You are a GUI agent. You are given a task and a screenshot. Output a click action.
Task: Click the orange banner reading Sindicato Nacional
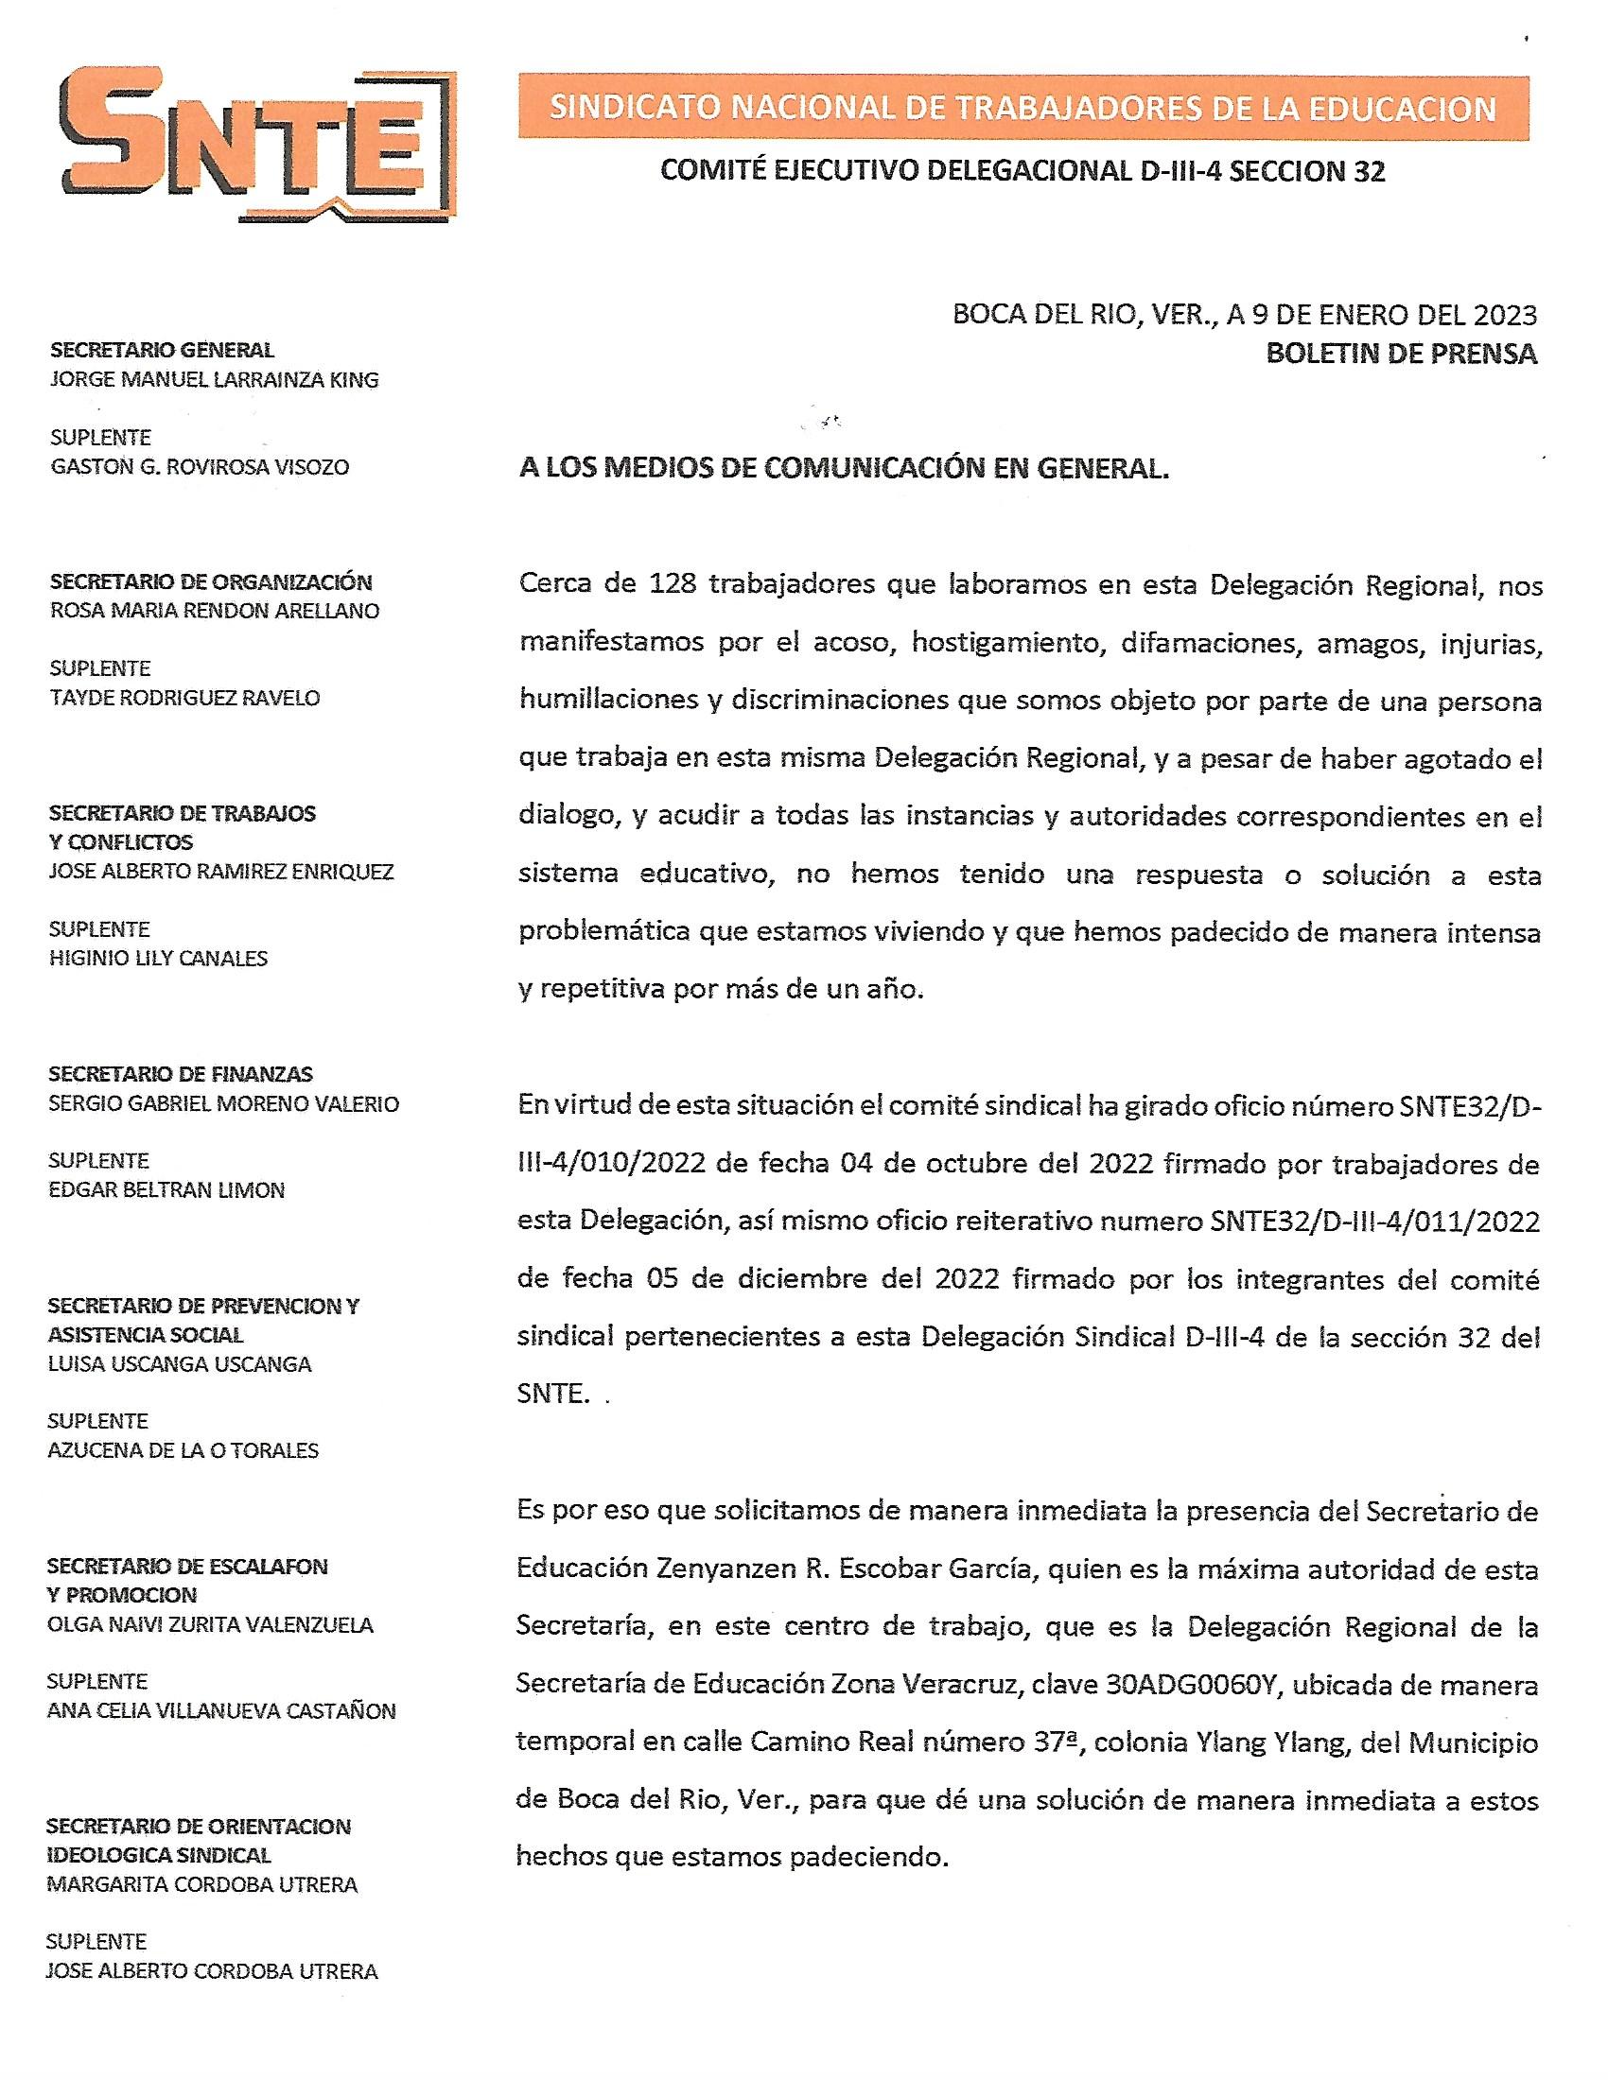pos(1023,109)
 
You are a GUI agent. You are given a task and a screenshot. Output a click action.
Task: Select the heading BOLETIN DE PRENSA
pos(1400,354)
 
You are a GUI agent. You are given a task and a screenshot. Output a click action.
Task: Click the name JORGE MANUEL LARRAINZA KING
pos(215,380)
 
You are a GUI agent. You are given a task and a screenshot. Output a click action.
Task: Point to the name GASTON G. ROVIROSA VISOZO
pos(199,467)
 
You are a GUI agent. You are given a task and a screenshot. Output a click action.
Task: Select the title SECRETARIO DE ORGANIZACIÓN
pos(211,581)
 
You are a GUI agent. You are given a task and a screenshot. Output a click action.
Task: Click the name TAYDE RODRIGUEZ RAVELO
pos(184,698)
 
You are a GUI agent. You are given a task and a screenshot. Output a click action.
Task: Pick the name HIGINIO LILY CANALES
pos(158,958)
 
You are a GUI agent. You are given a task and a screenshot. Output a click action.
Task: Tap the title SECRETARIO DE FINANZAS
pos(181,1074)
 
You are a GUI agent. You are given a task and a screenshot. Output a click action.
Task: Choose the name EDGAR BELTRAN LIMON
pos(166,1189)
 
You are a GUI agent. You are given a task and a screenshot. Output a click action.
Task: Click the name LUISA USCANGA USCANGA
pos(179,1363)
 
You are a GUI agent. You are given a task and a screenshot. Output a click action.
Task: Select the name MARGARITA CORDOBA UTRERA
pos(202,1884)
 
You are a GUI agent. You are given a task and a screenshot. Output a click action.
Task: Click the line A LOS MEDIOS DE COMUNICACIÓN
pos(843,469)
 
